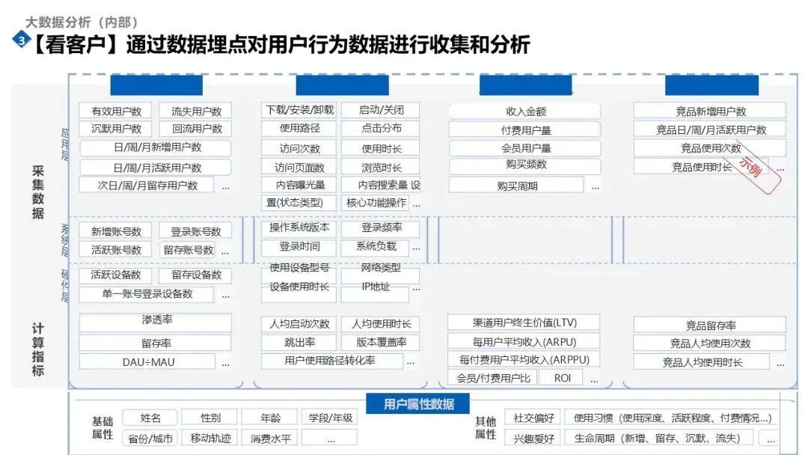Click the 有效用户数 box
115,111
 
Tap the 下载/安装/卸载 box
299,110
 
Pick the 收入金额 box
525,111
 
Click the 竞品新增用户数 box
710,111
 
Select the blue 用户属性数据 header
419,404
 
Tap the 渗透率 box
156,321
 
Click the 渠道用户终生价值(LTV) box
524,323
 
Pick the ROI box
563,378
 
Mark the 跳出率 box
299,343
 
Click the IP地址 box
376,287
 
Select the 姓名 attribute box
150,418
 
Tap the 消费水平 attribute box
270,438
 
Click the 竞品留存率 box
710,326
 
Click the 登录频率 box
380,227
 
